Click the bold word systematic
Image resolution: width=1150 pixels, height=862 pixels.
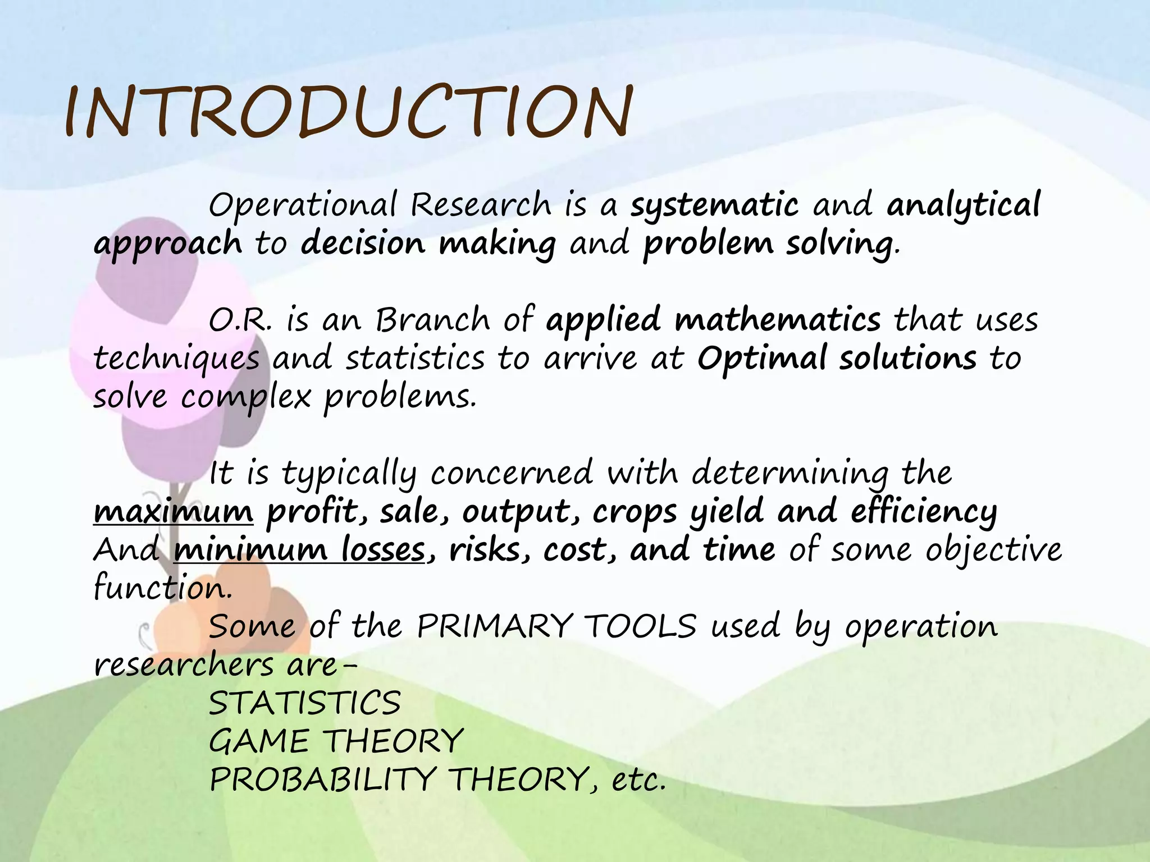tap(714, 205)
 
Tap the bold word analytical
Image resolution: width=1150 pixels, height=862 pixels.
tap(964, 205)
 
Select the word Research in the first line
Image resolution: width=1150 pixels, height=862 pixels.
tap(481, 205)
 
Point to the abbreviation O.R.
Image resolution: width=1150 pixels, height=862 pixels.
tap(240, 320)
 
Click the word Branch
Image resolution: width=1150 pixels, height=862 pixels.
tap(432, 320)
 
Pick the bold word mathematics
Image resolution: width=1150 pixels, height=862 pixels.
tap(778, 320)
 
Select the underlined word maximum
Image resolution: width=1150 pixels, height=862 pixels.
tap(173, 512)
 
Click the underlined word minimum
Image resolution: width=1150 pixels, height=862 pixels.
tap(250, 550)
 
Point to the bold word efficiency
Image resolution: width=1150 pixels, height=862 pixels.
tap(924, 512)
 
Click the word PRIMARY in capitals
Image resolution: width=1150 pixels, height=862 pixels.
tap(495, 626)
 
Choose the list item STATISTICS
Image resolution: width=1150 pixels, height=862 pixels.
tap(305, 703)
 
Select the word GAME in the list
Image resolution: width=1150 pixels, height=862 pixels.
tap(259, 741)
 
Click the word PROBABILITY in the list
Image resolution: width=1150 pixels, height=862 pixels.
tap(322, 780)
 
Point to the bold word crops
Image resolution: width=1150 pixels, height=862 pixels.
tap(635, 512)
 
